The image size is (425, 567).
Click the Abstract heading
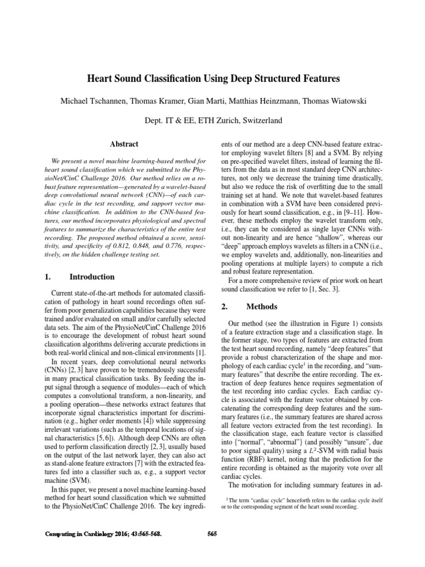tap(124, 144)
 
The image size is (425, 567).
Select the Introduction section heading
tap(92, 277)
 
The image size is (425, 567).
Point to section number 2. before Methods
tap(225, 307)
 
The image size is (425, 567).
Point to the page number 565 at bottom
tap(212, 534)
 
